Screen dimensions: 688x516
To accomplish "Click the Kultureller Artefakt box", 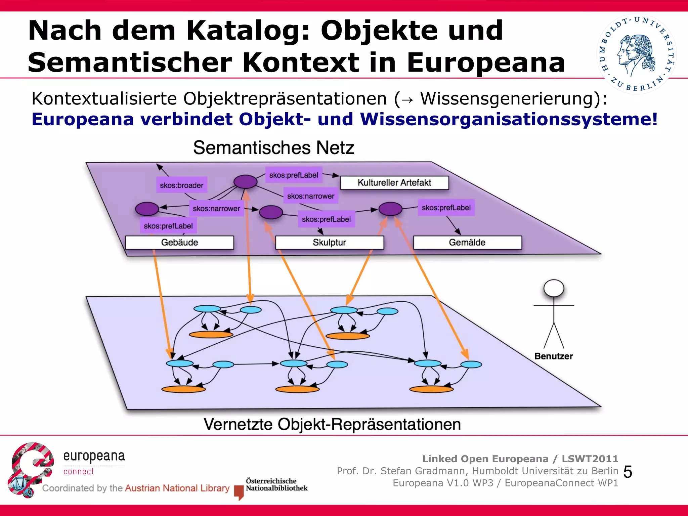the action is [x=394, y=183].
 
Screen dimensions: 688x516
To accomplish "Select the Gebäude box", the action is [x=179, y=242].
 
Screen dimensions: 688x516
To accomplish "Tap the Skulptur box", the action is [x=329, y=242].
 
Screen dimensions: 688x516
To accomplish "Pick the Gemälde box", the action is [x=467, y=242].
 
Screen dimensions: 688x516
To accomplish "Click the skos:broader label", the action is [x=181, y=185].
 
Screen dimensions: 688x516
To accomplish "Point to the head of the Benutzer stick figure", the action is [x=554, y=288].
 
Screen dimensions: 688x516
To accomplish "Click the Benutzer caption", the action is [x=554, y=356].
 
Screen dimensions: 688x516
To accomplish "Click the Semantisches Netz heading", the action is [x=273, y=148].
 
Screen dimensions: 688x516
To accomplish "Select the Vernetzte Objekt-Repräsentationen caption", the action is [x=332, y=424].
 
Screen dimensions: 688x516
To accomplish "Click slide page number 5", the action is [x=628, y=472].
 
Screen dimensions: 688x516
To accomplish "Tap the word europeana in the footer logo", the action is [x=94, y=456].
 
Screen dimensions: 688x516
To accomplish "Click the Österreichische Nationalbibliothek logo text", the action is [x=276, y=484].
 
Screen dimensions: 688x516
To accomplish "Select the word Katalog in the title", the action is [x=248, y=31].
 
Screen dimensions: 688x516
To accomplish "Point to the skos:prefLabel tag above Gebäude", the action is [x=168, y=226].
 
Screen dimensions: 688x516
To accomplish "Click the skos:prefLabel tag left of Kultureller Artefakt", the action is [x=294, y=175].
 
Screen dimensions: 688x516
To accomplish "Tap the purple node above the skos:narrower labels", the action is [x=245, y=182].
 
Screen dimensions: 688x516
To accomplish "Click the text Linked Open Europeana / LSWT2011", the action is [x=520, y=459].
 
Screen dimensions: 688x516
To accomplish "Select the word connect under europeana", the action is [x=79, y=472].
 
